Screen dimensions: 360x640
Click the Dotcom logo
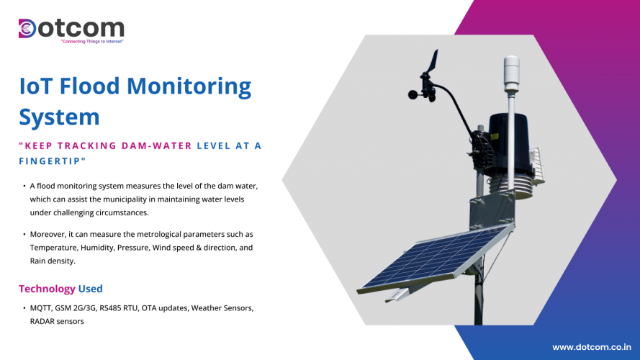click(x=71, y=29)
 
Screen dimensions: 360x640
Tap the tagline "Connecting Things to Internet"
click(x=92, y=42)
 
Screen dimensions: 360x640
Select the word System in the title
click(x=59, y=116)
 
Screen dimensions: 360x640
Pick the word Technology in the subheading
click(x=47, y=289)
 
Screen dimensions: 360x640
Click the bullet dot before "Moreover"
click(x=23, y=235)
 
